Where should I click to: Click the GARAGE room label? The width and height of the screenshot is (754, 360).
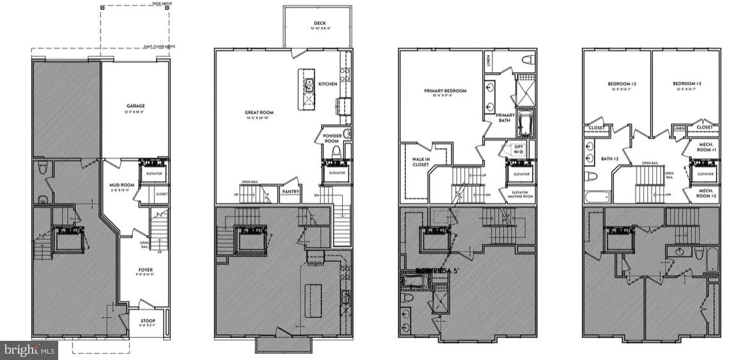(135, 106)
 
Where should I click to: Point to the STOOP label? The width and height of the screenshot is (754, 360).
(147, 322)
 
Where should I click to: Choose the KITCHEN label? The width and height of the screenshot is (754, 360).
(328, 84)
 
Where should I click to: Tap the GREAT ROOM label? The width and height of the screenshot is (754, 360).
(259, 113)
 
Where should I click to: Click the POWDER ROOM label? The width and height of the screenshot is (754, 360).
(331, 138)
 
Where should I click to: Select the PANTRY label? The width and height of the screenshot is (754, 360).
(290, 191)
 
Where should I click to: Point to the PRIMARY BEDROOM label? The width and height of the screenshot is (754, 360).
(445, 91)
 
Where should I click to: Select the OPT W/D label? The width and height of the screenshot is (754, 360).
(517, 148)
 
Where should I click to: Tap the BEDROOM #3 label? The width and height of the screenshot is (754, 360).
(686, 84)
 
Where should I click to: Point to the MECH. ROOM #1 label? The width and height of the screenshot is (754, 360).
(705, 148)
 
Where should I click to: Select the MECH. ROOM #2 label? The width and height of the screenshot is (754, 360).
(705, 192)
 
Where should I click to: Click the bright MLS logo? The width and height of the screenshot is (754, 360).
(29, 350)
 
